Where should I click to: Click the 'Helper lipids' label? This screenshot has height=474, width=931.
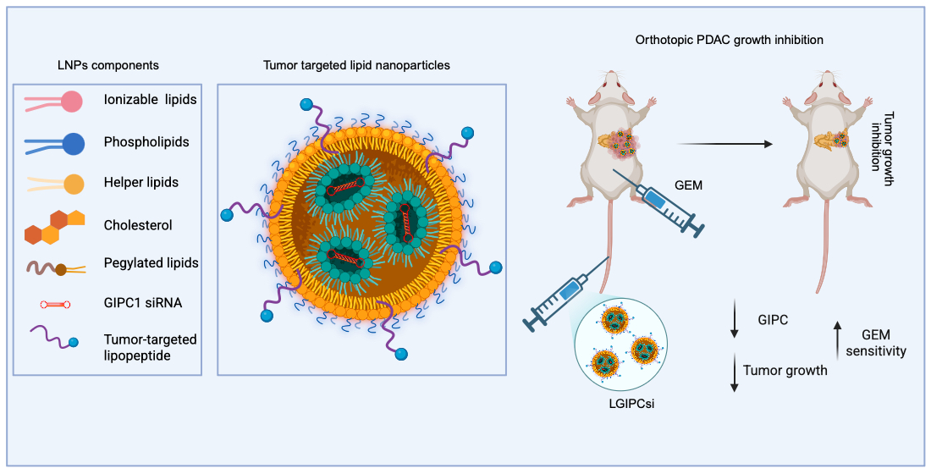[x=140, y=183]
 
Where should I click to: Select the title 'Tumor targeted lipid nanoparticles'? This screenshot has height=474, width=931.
[x=356, y=64]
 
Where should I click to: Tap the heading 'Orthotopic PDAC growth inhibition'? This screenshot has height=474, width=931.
[x=729, y=40]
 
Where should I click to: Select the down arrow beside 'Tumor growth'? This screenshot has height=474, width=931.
[x=734, y=374]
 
